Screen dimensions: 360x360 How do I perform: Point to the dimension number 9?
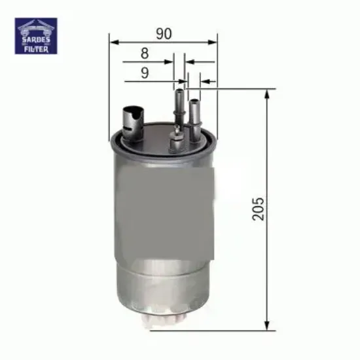145,74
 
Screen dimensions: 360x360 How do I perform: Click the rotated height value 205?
260,208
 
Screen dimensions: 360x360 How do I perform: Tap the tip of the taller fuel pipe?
178,94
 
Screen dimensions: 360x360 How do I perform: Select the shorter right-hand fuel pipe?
194,115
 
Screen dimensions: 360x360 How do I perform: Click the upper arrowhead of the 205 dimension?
267,92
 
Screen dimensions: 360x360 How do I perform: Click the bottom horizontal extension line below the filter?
229,330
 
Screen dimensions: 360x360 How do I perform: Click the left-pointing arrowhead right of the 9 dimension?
204,82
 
